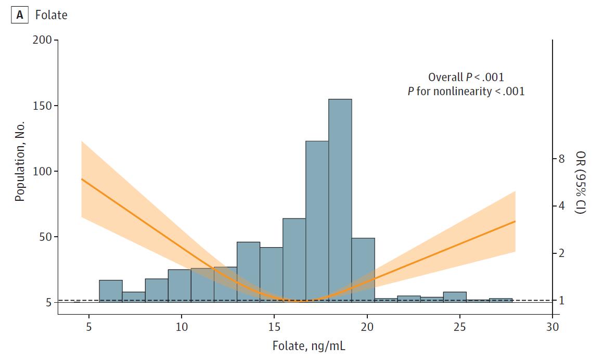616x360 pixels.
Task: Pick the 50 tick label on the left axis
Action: pos(46,237)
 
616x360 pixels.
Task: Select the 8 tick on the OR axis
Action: pos(561,159)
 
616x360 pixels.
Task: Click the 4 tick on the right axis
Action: pos(561,206)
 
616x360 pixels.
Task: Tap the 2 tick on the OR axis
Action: pos(561,253)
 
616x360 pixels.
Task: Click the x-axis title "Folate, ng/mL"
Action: pos(309,345)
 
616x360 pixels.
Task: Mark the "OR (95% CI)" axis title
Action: pos(580,182)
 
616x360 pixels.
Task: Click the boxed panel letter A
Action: pos(20,15)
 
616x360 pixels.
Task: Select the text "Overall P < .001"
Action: pos(466,78)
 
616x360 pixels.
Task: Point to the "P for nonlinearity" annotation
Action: pos(466,91)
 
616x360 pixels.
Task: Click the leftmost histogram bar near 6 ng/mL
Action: pos(111,291)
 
